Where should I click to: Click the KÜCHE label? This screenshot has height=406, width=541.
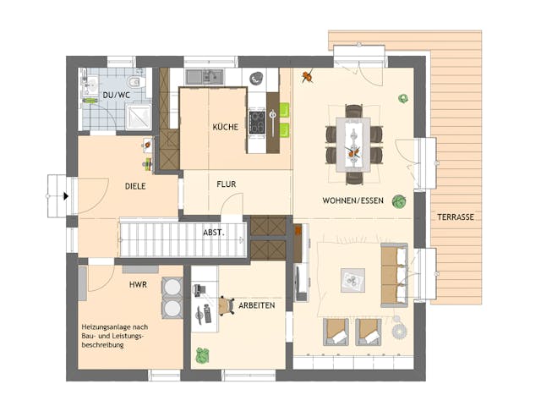pos(224,127)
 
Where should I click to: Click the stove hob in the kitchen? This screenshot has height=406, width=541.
pos(256,123)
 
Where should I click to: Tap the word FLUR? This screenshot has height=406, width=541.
pos(226,184)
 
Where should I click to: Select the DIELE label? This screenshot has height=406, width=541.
pos(137,185)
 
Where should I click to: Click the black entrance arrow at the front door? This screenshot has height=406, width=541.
pos(65,196)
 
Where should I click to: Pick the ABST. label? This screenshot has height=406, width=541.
pos(213,232)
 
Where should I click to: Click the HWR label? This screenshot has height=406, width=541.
pos(139,285)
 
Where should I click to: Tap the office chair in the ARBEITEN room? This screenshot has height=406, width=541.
pos(225,304)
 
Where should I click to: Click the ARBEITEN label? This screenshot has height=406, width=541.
pos(256,305)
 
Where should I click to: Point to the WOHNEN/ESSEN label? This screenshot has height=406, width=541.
pos(352,201)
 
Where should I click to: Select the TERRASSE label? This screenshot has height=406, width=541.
pos(456,217)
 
